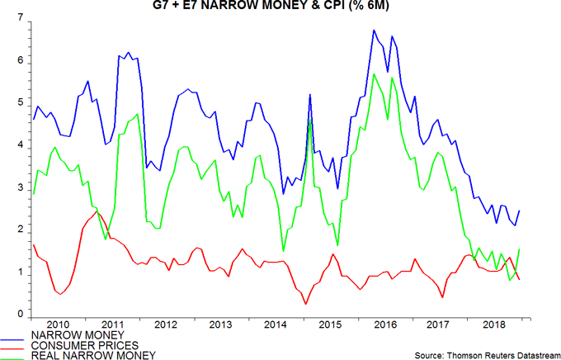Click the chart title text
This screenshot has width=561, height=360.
280,7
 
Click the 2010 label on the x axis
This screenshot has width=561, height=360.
58,324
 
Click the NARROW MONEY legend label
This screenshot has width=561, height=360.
71,334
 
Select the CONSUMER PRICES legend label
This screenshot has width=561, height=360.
79,344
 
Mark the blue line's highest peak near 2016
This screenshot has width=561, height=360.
375,31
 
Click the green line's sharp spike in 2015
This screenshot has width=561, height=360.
309,121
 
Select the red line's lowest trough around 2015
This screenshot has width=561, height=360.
306,304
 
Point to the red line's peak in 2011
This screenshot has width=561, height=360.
97,211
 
